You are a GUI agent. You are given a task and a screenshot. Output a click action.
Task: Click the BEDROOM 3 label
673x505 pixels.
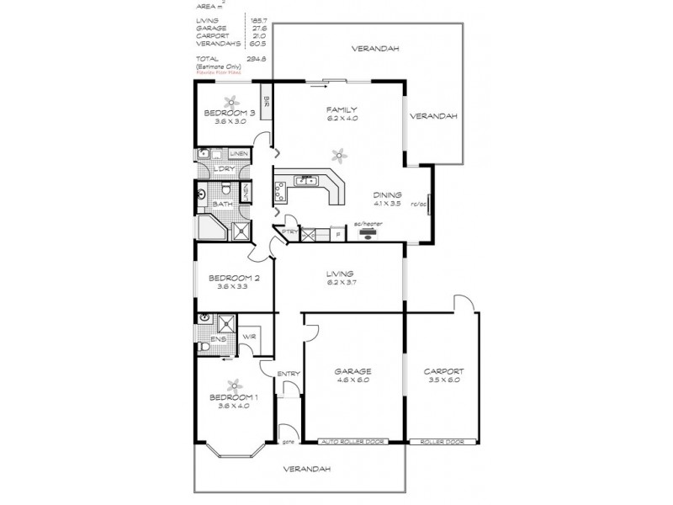point(230,112)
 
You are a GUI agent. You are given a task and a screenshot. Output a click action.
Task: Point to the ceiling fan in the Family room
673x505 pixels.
point(338,154)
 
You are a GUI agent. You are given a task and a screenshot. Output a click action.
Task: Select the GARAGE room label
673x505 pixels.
point(352,370)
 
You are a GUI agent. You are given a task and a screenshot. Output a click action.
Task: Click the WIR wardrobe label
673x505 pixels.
point(249,338)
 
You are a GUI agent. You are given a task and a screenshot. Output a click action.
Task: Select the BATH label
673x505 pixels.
point(222,205)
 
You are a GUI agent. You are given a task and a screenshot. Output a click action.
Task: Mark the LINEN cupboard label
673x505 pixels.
point(239,154)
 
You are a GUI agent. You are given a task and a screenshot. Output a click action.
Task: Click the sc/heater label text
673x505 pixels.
point(368,225)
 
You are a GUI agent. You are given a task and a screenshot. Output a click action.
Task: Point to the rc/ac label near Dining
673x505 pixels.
point(418,204)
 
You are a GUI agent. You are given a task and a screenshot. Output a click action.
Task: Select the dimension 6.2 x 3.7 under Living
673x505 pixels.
point(341,284)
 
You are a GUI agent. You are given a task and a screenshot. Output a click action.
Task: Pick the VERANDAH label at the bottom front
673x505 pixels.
point(301,468)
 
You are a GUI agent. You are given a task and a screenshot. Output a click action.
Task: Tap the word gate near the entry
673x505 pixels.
point(287,442)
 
